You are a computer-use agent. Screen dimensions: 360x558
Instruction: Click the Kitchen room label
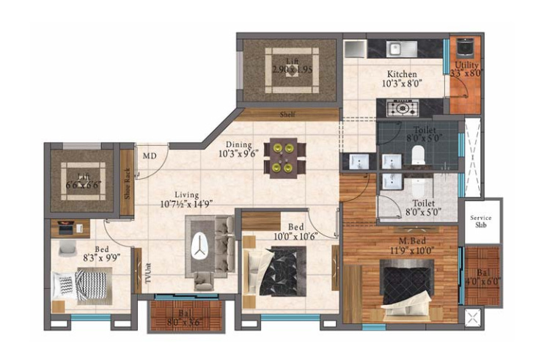click(x=402, y=74)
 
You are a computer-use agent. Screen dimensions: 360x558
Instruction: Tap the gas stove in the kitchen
click(x=403, y=109)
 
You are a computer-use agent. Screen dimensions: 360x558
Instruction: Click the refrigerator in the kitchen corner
click(x=355, y=48)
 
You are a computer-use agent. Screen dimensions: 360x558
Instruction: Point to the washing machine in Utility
click(x=463, y=48)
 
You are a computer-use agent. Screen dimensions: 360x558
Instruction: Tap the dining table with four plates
click(x=284, y=157)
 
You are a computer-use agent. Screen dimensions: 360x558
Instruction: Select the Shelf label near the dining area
click(x=287, y=115)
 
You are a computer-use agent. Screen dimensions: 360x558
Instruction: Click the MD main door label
click(x=150, y=156)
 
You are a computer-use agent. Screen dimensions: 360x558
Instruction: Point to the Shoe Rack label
click(x=127, y=183)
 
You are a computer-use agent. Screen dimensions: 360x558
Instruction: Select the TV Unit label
click(x=147, y=275)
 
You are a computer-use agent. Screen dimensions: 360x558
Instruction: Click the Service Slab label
click(x=481, y=221)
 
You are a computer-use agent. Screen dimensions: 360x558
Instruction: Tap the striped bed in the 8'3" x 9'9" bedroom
click(x=83, y=284)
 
